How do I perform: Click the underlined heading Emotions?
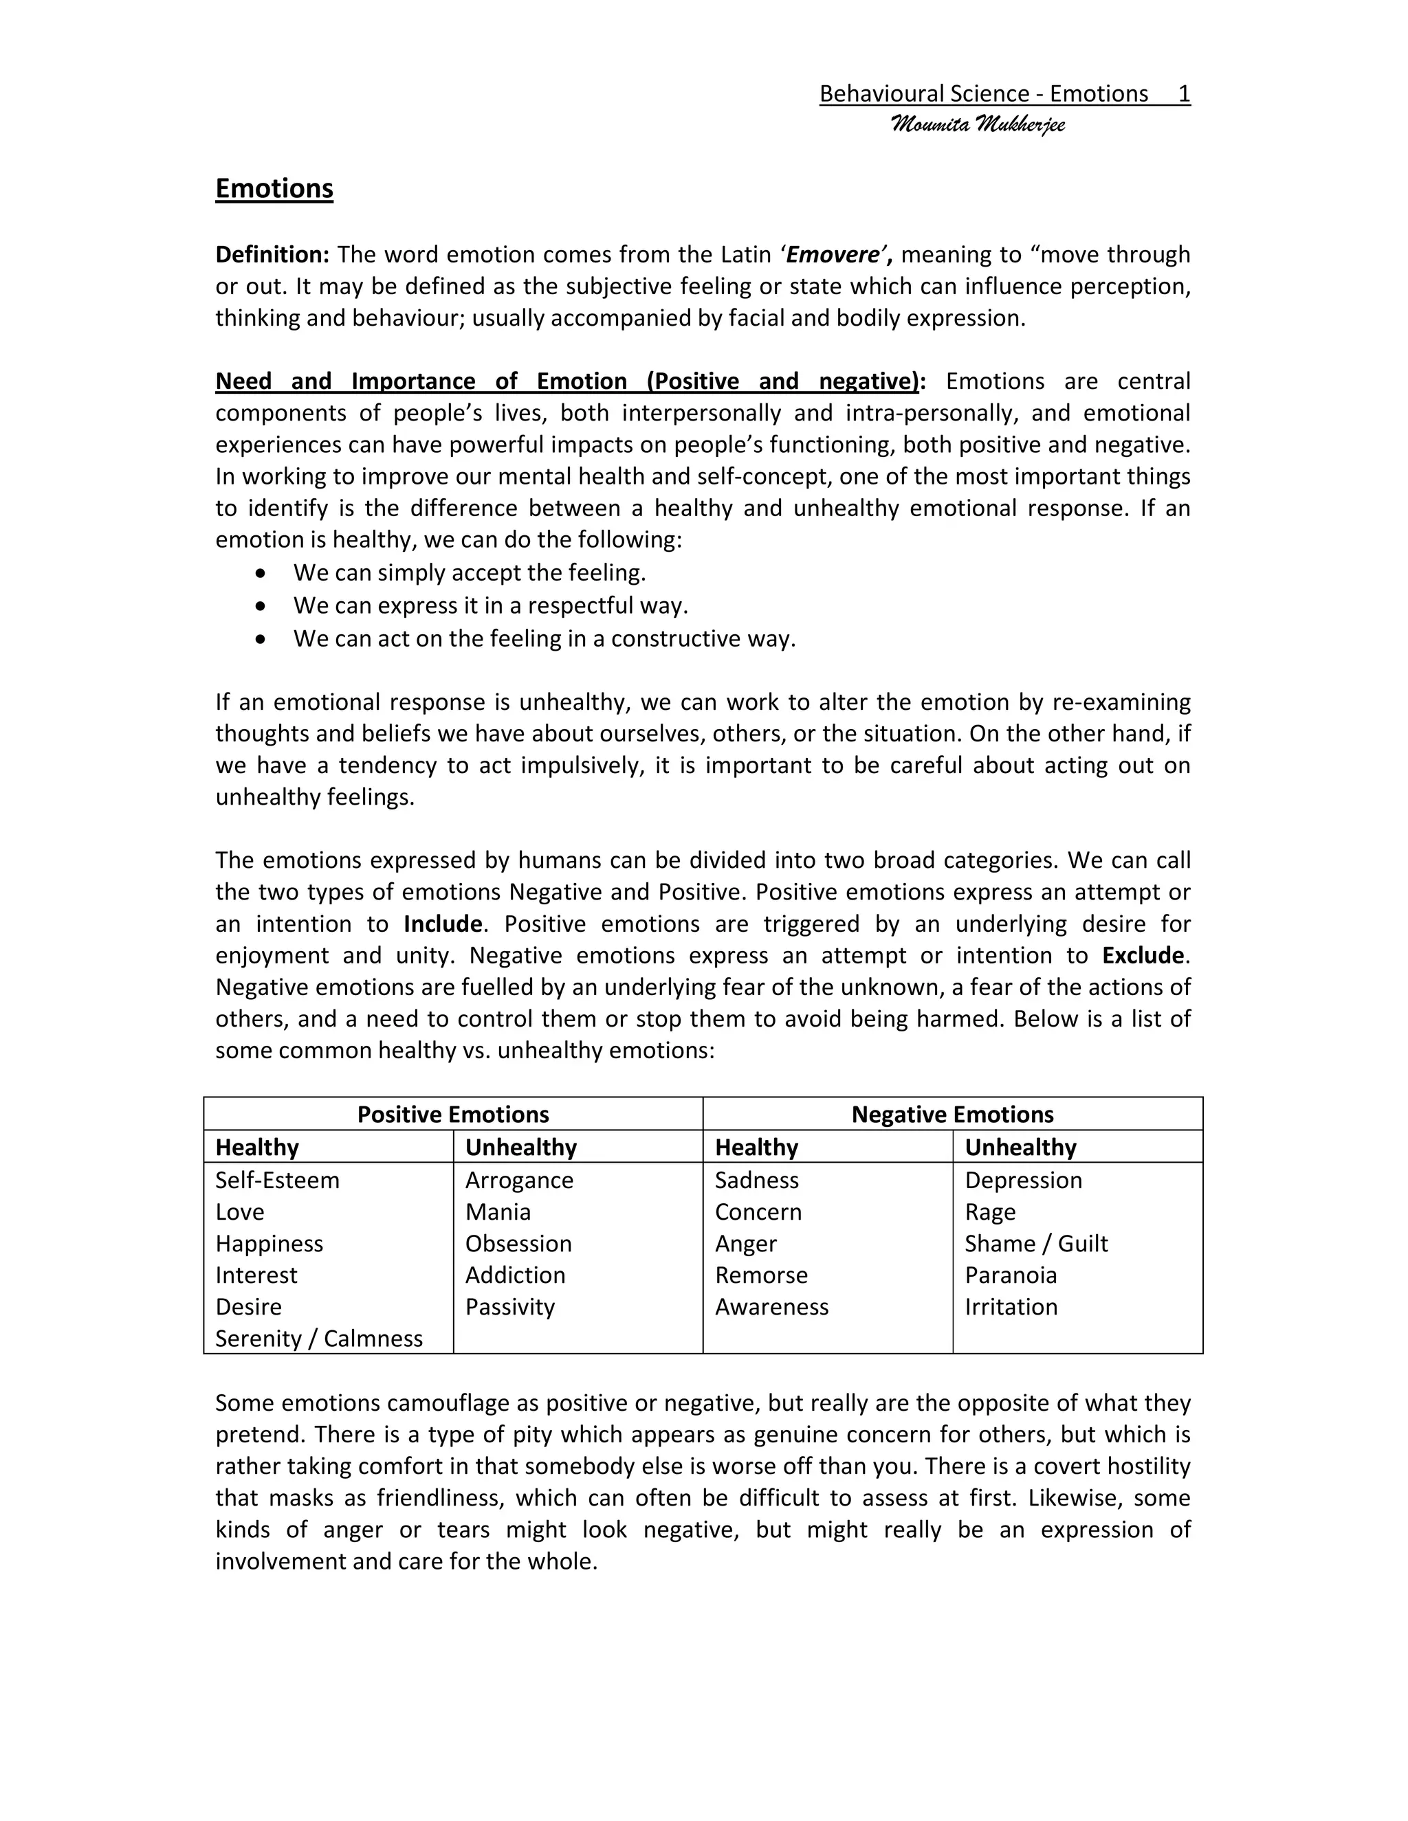(x=274, y=188)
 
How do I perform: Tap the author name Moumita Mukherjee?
(x=978, y=125)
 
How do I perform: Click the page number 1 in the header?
(x=1184, y=93)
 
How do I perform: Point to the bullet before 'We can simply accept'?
(x=262, y=574)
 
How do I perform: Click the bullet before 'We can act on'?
(x=262, y=638)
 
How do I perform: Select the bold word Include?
(x=442, y=924)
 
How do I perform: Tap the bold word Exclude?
(x=1142, y=956)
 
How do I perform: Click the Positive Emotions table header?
(x=453, y=1115)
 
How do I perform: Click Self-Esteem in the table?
(x=277, y=1180)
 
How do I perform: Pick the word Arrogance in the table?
(x=519, y=1180)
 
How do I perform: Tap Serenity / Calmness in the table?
(x=318, y=1338)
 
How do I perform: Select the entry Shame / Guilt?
(x=1035, y=1243)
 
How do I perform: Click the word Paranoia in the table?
(x=1010, y=1275)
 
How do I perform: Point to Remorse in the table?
(x=761, y=1275)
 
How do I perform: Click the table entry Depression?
(x=1022, y=1180)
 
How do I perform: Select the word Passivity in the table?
(x=509, y=1306)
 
